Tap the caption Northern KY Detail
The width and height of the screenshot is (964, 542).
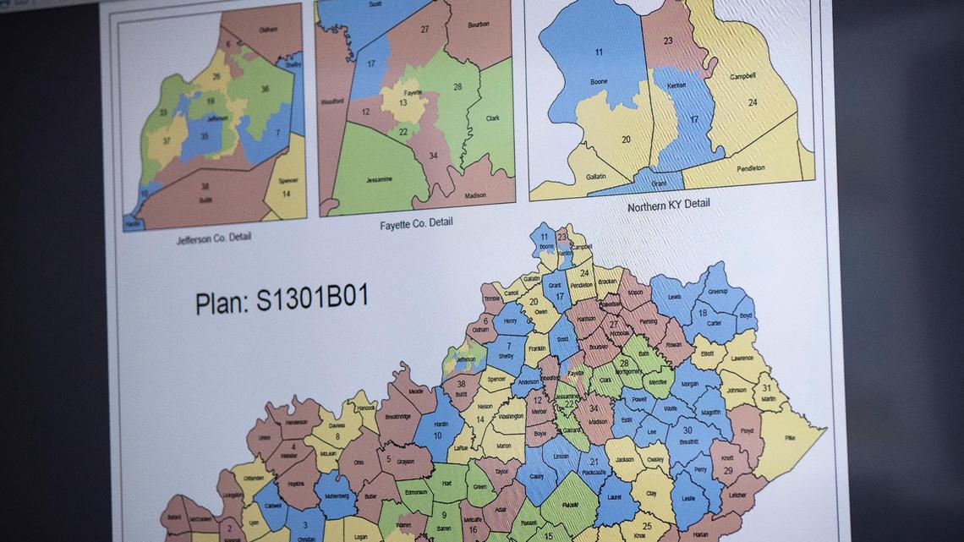click(668, 205)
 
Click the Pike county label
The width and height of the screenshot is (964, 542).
click(789, 437)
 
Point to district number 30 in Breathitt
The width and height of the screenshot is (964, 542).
click(687, 430)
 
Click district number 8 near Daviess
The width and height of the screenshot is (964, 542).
click(337, 437)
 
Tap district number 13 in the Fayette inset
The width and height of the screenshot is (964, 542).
click(403, 102)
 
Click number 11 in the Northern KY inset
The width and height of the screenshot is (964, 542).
click(599, 52)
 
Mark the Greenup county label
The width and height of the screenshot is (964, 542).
click(717, 291)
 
